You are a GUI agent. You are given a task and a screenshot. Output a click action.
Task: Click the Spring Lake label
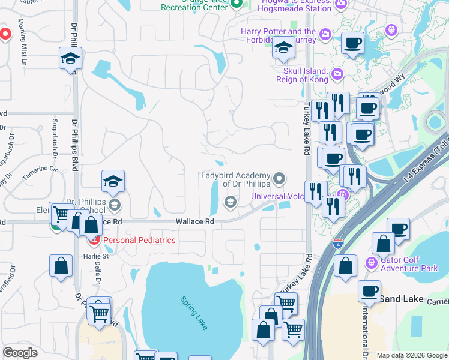tap(193, 313)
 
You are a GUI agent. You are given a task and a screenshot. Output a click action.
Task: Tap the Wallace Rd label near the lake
tap(195, 221)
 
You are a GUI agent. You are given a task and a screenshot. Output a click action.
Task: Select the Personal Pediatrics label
tap(140, 240)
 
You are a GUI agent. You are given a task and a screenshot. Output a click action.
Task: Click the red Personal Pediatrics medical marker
tap(94, 241)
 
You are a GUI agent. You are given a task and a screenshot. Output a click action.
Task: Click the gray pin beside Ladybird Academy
tap(279, 178)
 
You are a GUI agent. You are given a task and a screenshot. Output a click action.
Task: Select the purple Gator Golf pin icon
tap(371, 262)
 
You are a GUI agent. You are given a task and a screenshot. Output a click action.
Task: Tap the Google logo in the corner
tap(20, 353)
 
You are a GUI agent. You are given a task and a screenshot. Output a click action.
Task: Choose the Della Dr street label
tap(97, 273)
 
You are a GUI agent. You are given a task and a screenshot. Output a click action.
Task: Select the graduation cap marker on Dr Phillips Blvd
tap(70, 59)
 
